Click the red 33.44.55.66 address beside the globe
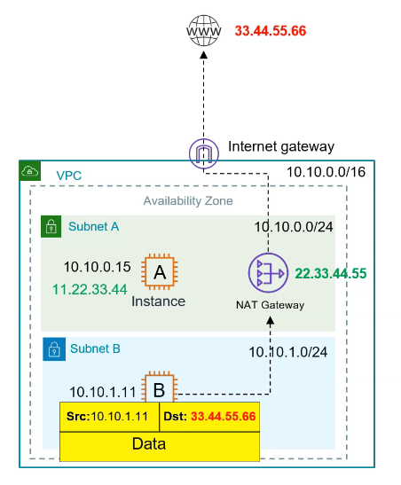[x=271, y=31]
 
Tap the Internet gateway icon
[x=202, y=153]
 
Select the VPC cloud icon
[x=29, y=171]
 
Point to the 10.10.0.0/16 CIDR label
[x=325, y=173]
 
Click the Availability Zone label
[x=188, y=201]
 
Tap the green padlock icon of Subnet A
[x=51, y=226]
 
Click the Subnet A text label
[x=93, y=227]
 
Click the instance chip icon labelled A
[x=160, y=273]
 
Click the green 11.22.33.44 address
[x=90, y=288]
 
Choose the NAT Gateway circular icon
[x=268, y=274]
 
